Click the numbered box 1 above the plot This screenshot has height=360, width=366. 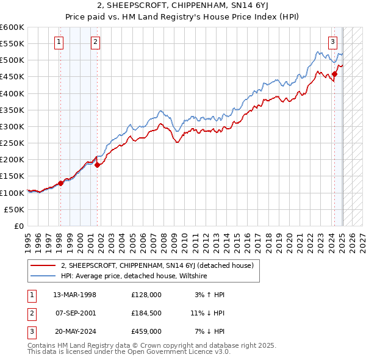[x=59, y=42]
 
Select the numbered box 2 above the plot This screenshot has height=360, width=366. [x=96, y=42]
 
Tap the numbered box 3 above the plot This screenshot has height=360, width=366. [x=333, y=42]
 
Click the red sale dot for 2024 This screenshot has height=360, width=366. [x=335, y=74]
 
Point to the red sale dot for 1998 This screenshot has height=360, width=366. [x=60, y=183]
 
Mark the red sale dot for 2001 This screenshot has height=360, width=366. [x=98, y=164]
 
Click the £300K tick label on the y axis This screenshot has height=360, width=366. [x=12, y=126]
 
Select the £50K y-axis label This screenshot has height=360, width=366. [x=15, y=209]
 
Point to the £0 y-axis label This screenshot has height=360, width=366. [x=18, y=226]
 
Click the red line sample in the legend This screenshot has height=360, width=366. [x=43, y=265]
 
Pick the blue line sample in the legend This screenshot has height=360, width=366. [x=43, y=276]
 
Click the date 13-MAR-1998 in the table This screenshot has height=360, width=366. [x=74, y=295]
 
